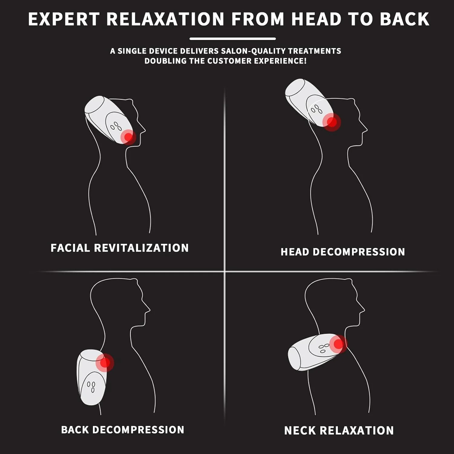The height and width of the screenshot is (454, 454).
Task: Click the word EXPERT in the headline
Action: tap(64, 19)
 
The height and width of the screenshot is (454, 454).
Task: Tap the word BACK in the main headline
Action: tap(405, 19)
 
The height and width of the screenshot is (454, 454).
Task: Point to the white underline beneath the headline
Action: tap(232, 39)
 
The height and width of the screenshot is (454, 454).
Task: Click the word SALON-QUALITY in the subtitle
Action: tap(252, 51)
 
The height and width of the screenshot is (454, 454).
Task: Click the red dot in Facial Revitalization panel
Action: tap(128, 137)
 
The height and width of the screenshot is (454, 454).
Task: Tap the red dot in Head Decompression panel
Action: tap(332, 122)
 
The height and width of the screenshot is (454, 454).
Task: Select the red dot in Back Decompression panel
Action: tap(105, 362)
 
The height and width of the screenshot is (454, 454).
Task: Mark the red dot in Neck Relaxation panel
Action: tap(338, 344)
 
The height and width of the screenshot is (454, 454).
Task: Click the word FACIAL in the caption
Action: tap(70, 248)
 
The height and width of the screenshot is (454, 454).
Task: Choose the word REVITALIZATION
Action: tap(141, 248)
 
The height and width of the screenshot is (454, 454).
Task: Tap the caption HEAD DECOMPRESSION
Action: tap(343, 252)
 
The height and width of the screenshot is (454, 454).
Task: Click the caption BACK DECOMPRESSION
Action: tap(123, 430)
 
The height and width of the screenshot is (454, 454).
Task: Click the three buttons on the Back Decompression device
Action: tap(91, 387)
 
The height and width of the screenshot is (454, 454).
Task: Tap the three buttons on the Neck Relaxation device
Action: tap(324, 348)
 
